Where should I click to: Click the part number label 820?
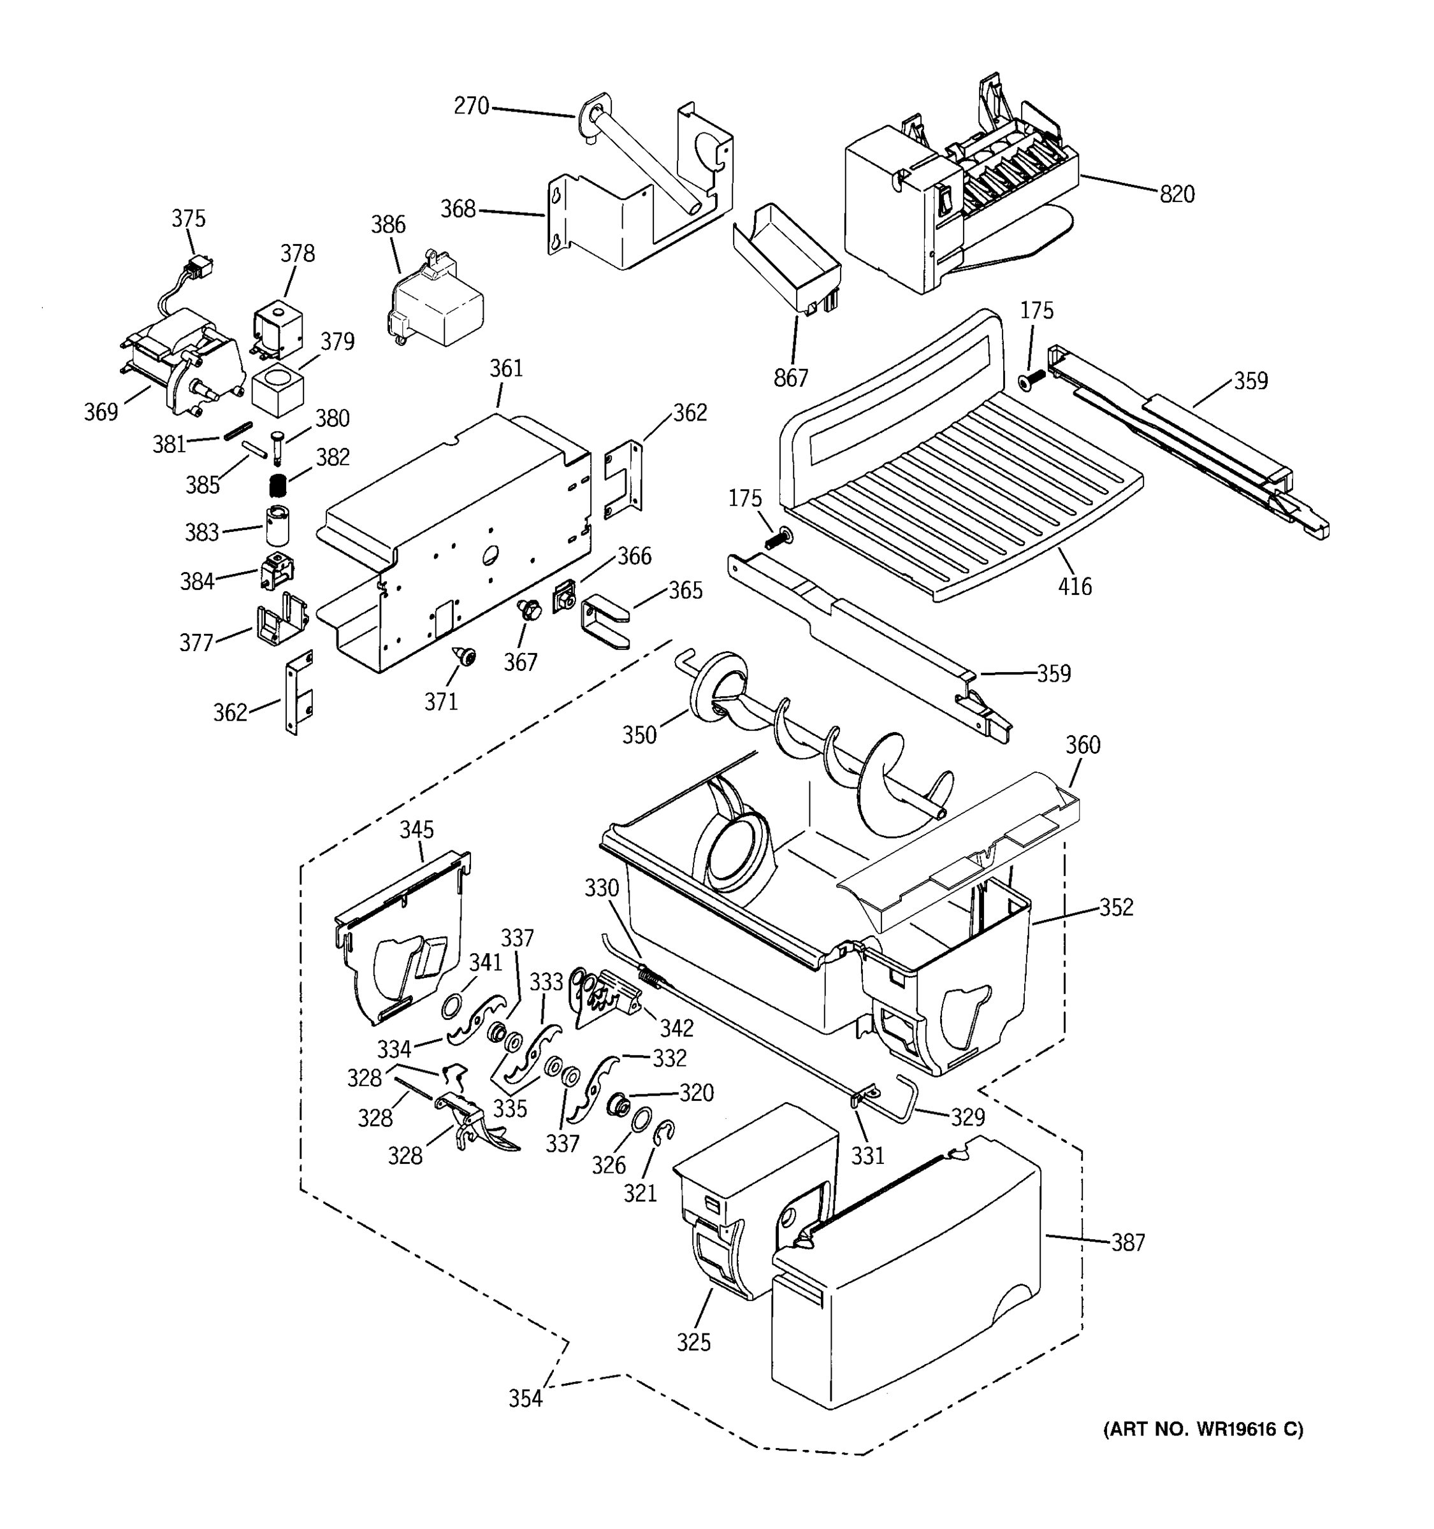(1177, 194)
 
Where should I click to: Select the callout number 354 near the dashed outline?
(525, 1398)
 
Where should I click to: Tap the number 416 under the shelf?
(1074, 587)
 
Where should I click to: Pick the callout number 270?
(471, 106)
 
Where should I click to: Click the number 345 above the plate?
(416, 830)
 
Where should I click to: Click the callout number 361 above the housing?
(505, 369)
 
